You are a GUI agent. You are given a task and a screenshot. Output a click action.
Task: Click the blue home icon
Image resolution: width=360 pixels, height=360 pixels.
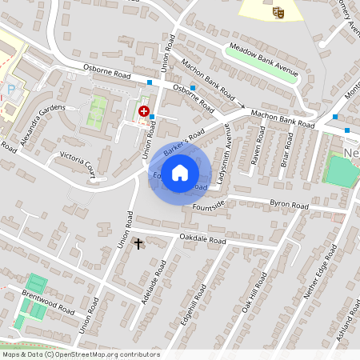(x=180, y=172)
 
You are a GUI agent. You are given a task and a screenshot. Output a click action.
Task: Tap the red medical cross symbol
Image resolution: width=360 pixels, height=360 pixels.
(x=144, y=112)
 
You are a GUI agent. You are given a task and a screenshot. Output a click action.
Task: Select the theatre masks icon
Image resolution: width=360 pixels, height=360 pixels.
(x=278, y=11)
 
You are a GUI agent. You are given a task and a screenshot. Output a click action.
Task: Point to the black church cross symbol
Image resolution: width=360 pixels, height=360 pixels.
(x=138, y=243)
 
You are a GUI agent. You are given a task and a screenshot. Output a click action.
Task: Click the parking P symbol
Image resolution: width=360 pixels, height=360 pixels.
(x=10, y=90)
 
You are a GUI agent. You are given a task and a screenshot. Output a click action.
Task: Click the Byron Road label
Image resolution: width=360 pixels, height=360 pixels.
(x=289, y=206)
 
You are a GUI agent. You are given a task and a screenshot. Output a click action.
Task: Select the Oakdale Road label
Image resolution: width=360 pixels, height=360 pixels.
(x=202, y=238)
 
